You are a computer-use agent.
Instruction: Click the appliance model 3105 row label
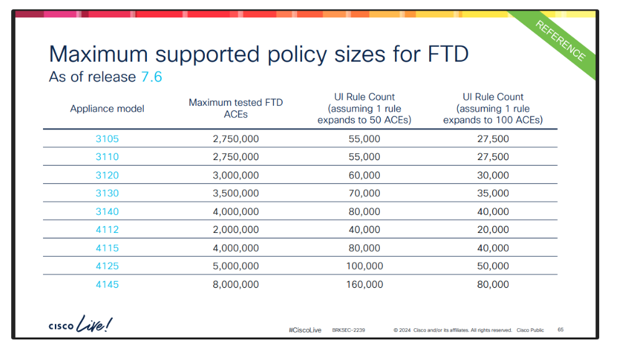pos(107,139)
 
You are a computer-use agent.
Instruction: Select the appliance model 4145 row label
pos(107,285)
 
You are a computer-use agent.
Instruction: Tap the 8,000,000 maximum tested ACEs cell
pos(235,285)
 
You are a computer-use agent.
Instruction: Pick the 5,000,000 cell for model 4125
pos(235,266)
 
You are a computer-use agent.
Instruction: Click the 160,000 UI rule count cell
pos(364,285)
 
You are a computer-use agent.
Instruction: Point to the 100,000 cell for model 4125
pos(364,266)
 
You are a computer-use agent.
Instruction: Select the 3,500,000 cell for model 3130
pos(235,193)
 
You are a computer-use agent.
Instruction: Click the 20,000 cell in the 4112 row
pos(493,230)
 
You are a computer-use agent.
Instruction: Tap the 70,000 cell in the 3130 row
pos(364,193)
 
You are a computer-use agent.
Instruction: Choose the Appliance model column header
pos(107,108)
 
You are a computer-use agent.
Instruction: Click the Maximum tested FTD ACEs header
pos(235,108)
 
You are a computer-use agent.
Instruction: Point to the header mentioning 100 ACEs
pos(493,108)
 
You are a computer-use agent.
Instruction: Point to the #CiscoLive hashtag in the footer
pos(305,330)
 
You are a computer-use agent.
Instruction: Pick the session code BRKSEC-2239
pos(349,330)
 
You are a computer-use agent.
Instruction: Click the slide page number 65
pos(561,329)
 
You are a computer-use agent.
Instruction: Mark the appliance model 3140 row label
pos(107,212)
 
